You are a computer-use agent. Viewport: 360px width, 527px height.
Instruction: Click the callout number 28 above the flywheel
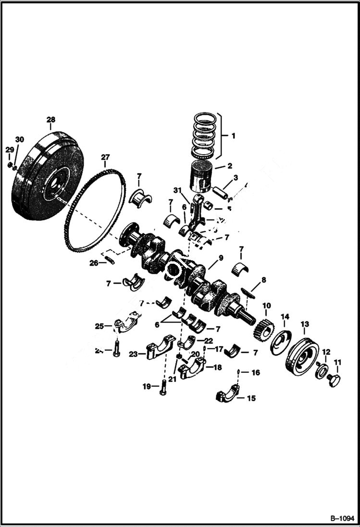point(50,119)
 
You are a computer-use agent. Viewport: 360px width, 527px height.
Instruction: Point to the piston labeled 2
point(201,175)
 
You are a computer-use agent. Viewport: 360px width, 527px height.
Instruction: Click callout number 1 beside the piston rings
point(234,136)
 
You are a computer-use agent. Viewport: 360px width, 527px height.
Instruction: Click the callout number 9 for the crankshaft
point(221,258)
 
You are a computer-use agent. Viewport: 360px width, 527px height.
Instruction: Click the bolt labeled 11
point(333,380)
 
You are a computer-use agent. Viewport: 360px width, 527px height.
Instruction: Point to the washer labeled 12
point(321,371)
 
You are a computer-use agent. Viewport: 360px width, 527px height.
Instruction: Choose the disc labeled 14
point(279,342)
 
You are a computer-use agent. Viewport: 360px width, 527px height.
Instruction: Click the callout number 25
point(99,327)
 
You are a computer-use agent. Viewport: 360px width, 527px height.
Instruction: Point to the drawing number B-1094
point(341,519)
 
